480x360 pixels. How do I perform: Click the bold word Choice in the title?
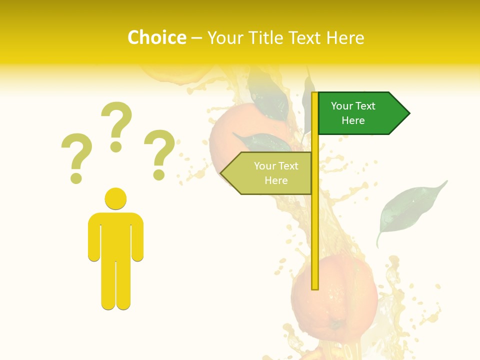click(156, 38)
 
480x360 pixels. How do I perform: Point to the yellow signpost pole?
click(315, 225)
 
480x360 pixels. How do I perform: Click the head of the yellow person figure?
click(115, 198)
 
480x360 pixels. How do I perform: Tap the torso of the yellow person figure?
click(115, 235)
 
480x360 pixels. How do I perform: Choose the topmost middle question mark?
click(116, 122)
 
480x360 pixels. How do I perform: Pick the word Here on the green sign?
click(353, 120)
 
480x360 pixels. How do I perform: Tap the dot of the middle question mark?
click(116, 146)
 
